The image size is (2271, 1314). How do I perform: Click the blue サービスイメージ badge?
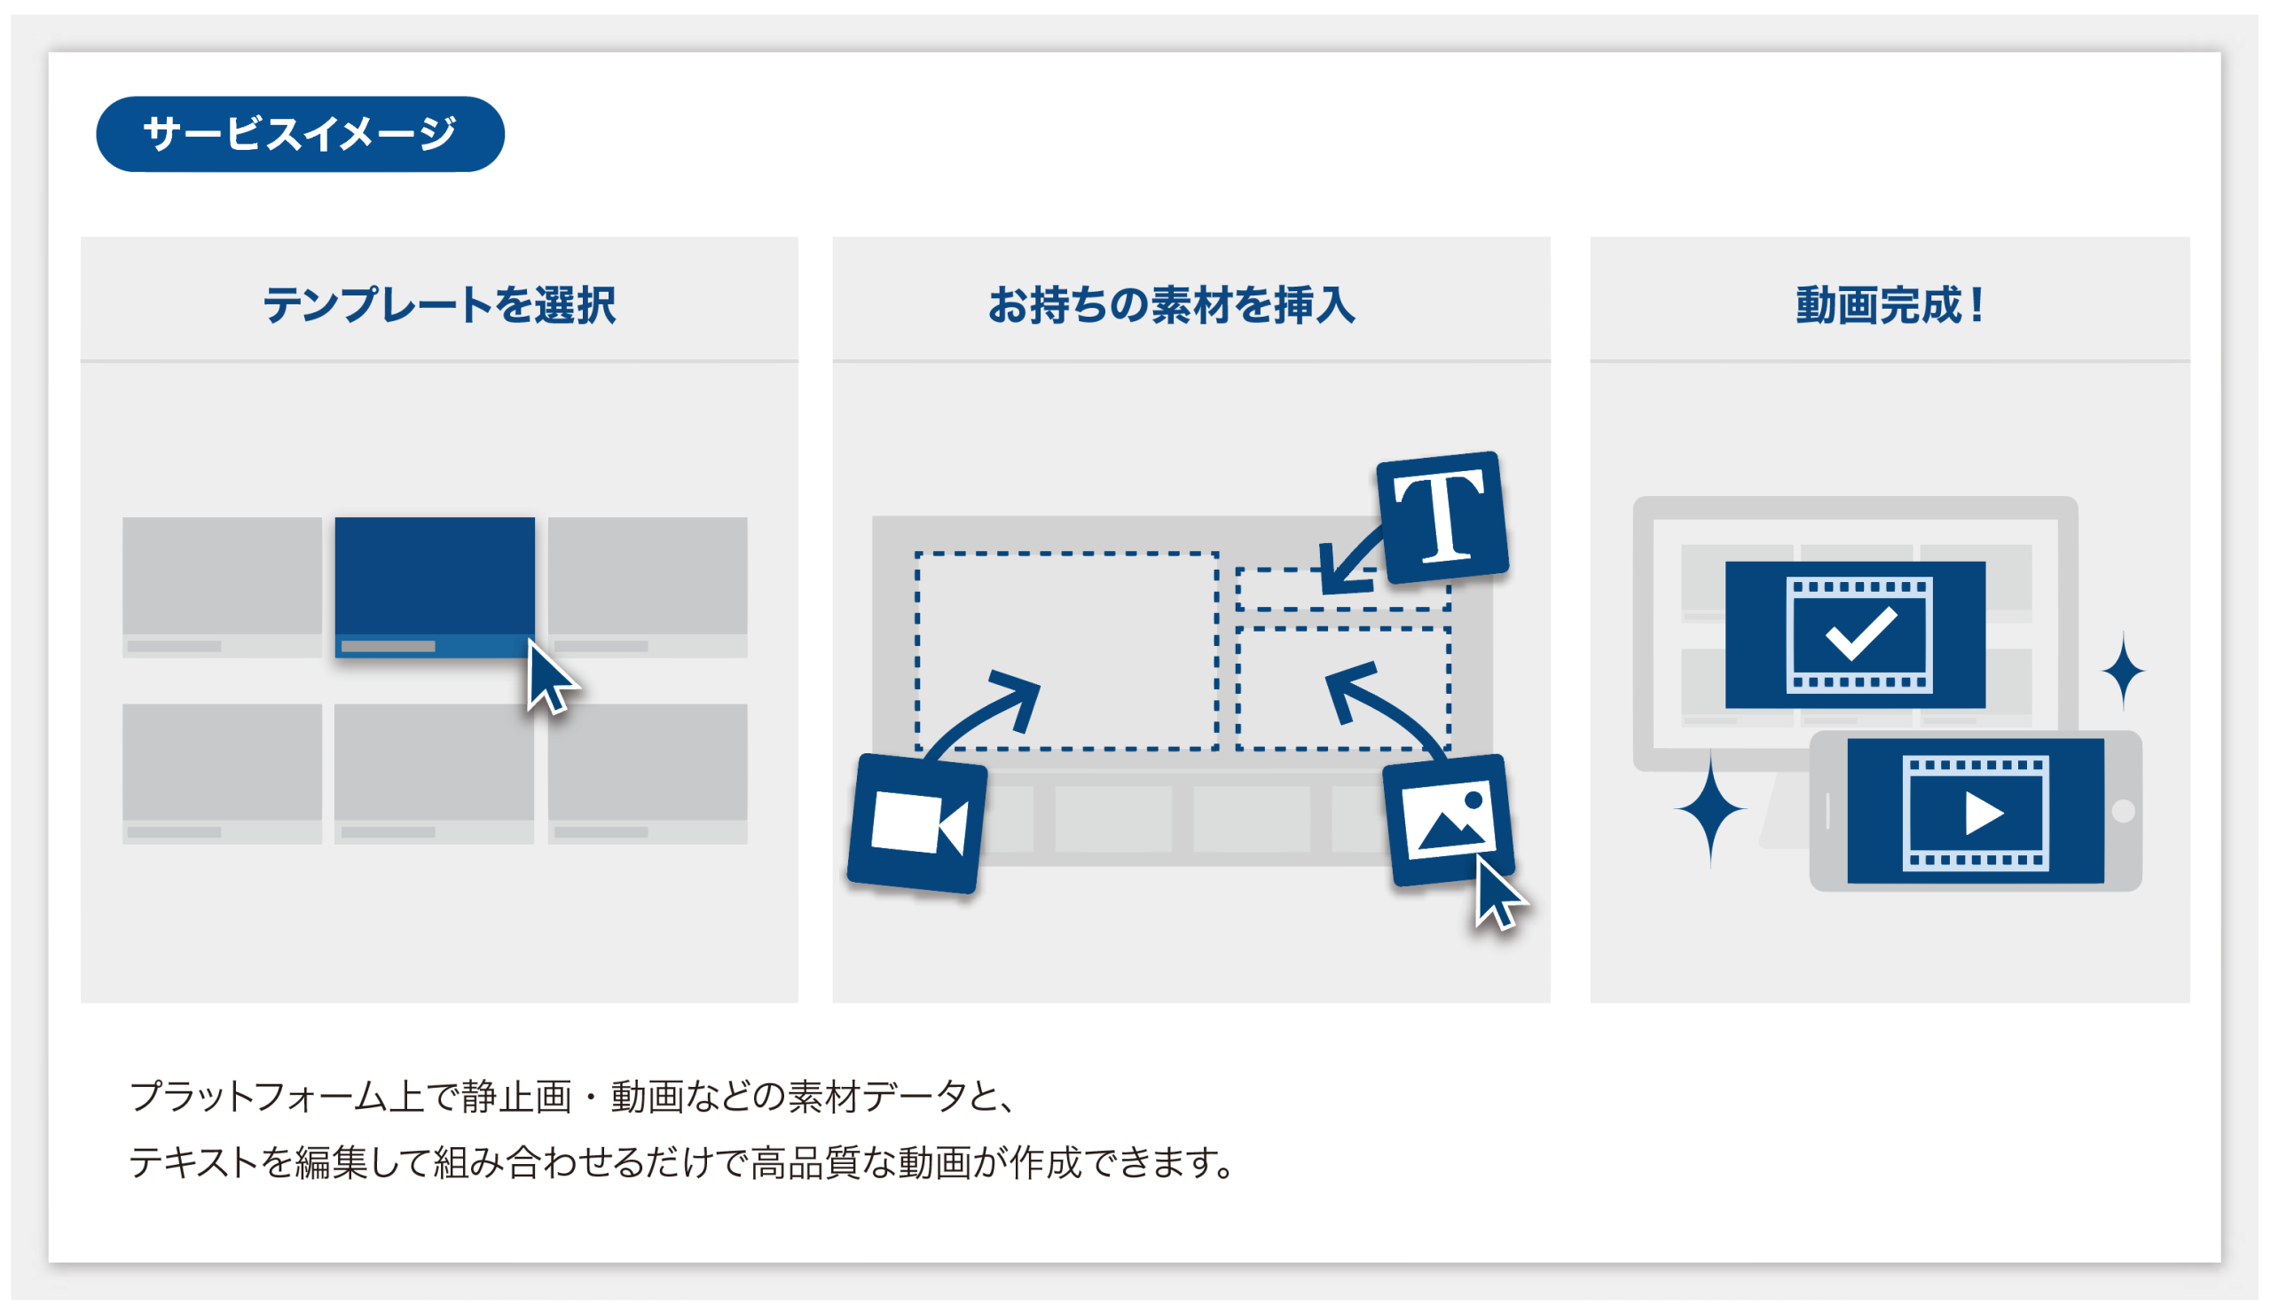tap(300, 133)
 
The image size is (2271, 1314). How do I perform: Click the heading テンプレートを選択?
tap(439, 304)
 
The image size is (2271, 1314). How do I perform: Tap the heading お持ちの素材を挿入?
tap(1172, 304)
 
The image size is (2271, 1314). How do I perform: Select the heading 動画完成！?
tap(1890, 304)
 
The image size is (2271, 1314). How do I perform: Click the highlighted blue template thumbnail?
tap(435, 586)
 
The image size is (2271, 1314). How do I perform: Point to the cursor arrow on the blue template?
tap(551, 678)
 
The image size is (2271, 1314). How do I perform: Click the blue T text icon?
tap(1442, 517)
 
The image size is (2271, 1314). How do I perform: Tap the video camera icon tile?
tap(917, 822)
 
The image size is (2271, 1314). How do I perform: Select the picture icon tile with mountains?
tap(1450, 819)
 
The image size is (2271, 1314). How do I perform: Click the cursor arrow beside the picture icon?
tap(1497, 894)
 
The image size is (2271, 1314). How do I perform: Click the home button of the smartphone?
tap(2123, 811)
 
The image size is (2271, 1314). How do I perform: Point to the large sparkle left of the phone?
tap(1710, 808)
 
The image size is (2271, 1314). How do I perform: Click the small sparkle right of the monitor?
tap(2123, 671)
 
